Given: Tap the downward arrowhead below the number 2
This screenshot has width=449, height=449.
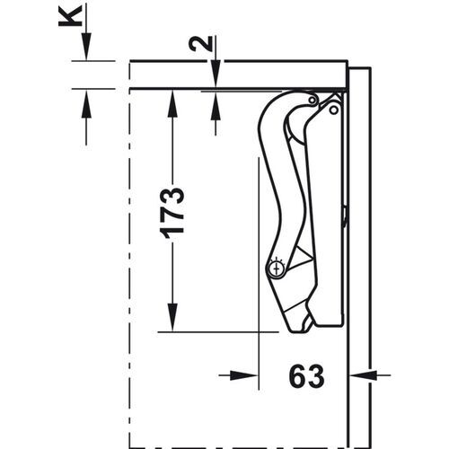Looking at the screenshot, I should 216,80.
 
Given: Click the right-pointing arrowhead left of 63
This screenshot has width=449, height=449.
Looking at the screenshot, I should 251,376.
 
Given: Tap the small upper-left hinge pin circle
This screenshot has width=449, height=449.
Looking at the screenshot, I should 312,100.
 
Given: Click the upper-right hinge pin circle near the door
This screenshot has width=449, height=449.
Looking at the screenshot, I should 334,110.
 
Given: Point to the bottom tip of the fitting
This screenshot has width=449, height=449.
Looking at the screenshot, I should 296,329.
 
